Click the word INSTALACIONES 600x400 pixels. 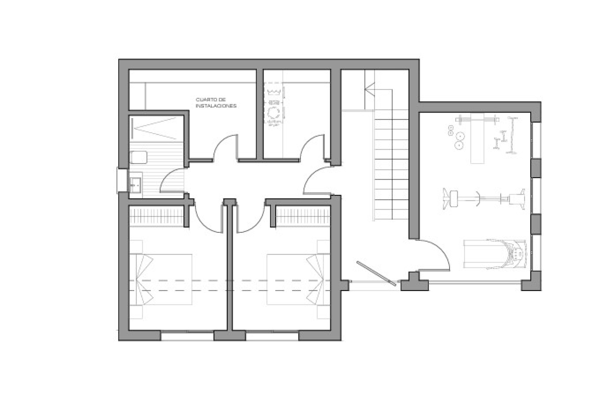(x=216, y=106)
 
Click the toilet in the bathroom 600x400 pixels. (x=138, y=157)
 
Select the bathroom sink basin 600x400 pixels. (x=135, y=184)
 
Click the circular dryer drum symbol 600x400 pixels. (x=274, y=112)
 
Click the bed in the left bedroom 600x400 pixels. (x=161, y=279)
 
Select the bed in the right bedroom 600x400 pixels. (x=298, y=279)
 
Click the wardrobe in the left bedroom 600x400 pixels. (x=156, y=216)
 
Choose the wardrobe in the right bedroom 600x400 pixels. (x=303, y=216)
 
